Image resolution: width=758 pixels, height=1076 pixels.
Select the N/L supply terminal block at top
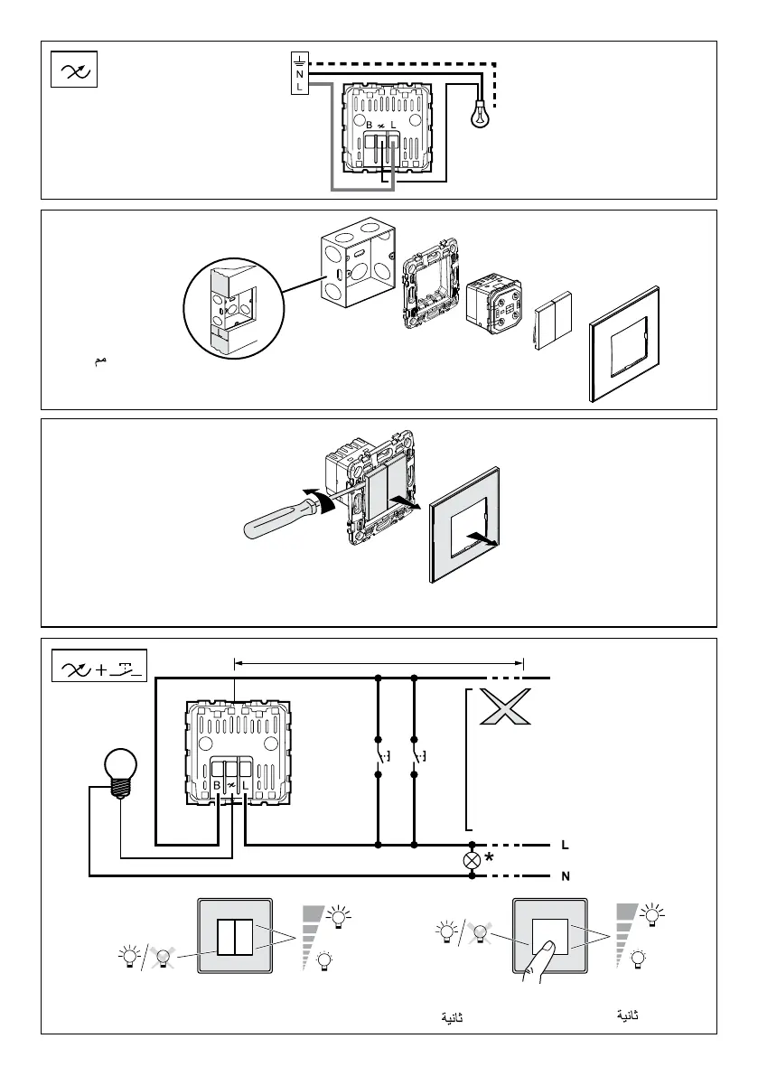point(298,73)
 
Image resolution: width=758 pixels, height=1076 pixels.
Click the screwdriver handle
point(276,521)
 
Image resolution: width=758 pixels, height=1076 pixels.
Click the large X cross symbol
point(506,706)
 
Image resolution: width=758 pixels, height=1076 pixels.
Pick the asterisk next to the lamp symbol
point(490,857)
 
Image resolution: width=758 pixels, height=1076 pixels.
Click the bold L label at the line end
point(565,846)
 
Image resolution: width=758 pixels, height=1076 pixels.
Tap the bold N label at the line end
point(565,875)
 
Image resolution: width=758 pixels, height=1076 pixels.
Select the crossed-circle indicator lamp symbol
point(471,860)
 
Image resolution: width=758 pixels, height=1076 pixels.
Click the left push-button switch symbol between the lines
point(379,759)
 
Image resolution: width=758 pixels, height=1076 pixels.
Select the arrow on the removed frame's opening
point(484,539)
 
